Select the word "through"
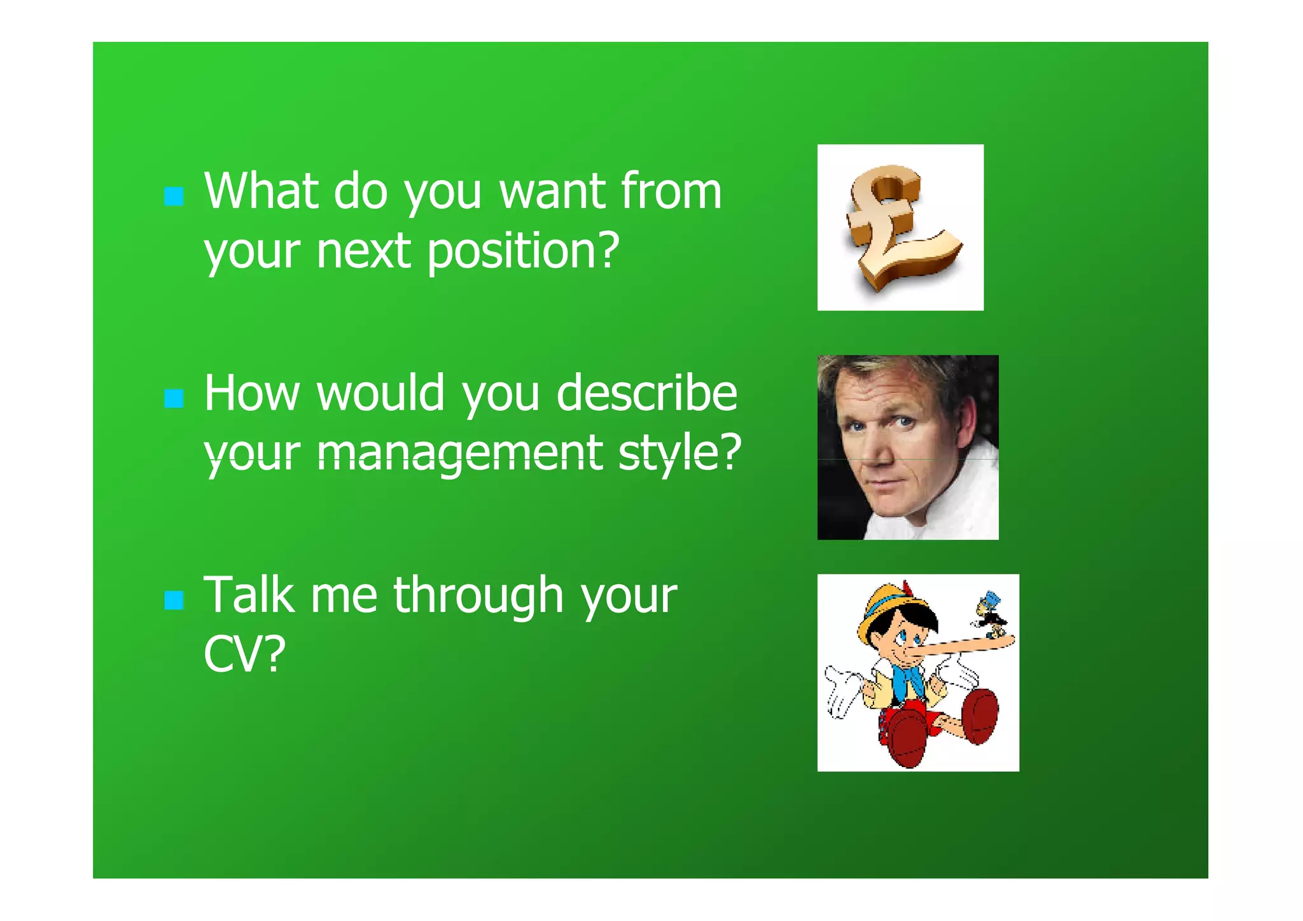click(478, 596)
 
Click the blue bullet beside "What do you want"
click(174, 197)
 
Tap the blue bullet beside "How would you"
click(174, 399)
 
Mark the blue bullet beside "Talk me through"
click(174, 600)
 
